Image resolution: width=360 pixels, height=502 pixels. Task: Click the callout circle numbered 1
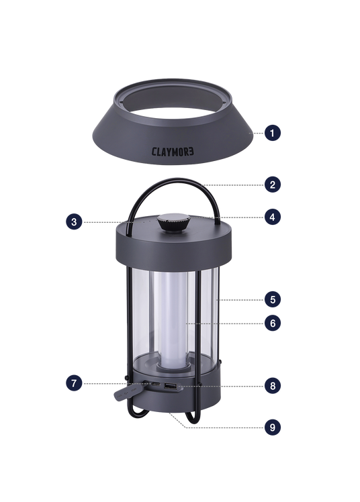(272, 133)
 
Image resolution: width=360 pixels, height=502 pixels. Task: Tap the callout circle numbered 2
(272, 185)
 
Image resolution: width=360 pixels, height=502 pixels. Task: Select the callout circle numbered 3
(74, 222)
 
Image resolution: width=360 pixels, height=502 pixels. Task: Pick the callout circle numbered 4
(272, 217)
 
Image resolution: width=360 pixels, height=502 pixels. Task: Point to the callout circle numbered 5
(272, 300)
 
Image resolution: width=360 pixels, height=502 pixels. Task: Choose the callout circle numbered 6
(272, 323)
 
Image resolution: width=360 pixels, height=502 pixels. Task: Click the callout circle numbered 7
(74, 383)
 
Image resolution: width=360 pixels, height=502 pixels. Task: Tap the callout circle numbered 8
(272, 386)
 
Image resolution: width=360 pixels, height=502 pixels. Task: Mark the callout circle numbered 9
(272, 427)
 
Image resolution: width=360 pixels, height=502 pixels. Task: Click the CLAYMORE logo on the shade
(173, 152)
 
